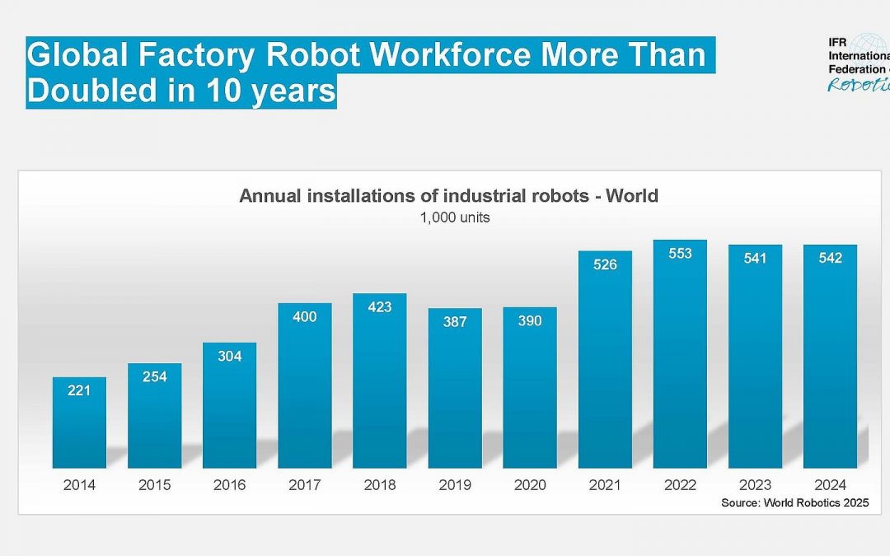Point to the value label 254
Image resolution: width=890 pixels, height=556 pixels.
[154, 377]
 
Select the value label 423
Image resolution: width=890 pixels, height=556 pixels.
[380, 307]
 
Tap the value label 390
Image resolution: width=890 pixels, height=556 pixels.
[530, 321]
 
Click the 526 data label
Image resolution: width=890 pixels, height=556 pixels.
[605, 264]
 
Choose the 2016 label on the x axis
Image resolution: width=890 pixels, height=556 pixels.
[229, 485]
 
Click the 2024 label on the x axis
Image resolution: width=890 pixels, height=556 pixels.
[830, 485]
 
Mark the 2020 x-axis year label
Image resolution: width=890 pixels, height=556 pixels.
[530, 485]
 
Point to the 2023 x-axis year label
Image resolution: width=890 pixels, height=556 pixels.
[755, 485]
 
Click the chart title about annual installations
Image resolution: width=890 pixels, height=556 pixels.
[448, 196]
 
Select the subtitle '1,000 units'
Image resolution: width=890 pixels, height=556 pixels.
[448, 217]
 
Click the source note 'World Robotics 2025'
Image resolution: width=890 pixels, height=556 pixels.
[795, 502]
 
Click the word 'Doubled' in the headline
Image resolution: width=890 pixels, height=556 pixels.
[91, 91]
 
